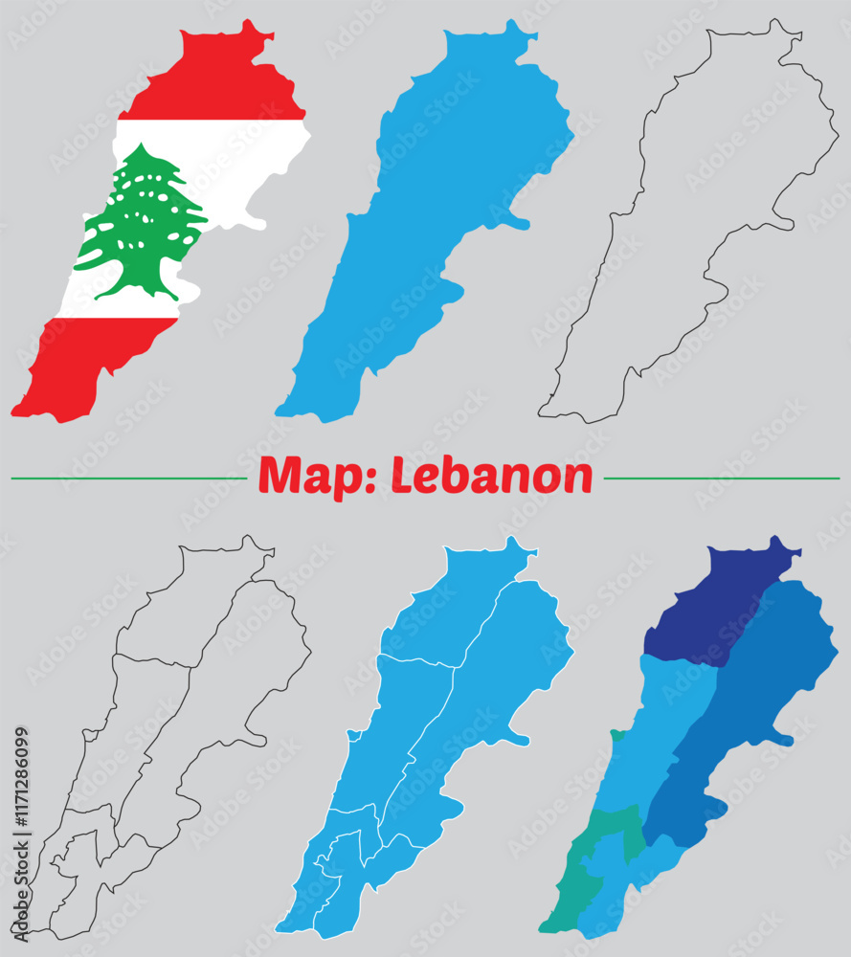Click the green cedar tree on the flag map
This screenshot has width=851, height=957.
pyautogui.click(x=144, y=215)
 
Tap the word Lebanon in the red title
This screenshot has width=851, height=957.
pyautogui.click(x=493, y=476)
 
